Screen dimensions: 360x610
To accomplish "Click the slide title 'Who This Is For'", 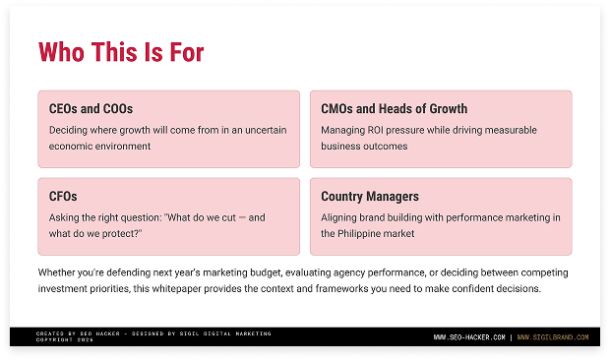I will pyautogui.click(x=121, y=52).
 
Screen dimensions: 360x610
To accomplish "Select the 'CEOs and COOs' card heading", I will pyautogui.click(x=91, y=109).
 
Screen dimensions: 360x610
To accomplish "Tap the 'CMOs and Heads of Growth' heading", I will pyautogui.click(x=394, y=109).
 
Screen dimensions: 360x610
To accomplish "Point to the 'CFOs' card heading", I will pyautogui.click(x=63, y=197).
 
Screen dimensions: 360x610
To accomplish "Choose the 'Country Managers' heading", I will pyautogui.click(x=369, y=197).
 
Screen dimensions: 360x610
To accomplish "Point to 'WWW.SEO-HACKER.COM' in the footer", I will pyautogui.click(x=469, y=337).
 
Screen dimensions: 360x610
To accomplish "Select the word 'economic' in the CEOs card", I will pyautogui.click(x=70, y=146).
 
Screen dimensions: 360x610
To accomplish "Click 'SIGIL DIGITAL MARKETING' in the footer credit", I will pyautogui.click(x=231, y=333).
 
